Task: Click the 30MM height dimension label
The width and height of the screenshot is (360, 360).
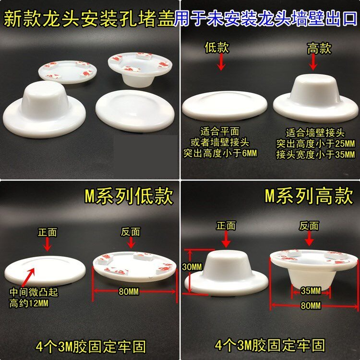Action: (192, 267)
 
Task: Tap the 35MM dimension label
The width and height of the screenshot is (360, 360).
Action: (311, 291)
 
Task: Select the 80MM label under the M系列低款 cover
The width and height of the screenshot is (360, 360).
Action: (129, 291)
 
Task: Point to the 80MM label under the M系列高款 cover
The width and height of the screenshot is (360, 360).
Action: (311, 306)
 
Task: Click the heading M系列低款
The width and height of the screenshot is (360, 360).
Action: (129, 196)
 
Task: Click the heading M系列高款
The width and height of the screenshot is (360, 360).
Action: (309, 195)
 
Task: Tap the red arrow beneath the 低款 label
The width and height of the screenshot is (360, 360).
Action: (221, 62)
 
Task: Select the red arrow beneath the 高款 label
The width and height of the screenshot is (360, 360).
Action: (313, 62)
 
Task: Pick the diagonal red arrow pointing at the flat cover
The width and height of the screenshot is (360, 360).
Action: (29, 277)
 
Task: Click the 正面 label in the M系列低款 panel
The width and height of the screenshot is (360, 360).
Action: (48, 232)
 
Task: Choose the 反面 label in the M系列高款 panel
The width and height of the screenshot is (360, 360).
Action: (309, 226)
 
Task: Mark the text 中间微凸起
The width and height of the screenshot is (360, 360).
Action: (34, 292)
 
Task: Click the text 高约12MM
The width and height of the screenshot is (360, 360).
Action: (29, 303)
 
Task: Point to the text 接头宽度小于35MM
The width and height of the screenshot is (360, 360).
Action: (315, 155)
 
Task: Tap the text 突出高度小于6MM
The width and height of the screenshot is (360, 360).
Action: (220, 153)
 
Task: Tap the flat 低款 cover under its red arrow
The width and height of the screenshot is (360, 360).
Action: (225, 106)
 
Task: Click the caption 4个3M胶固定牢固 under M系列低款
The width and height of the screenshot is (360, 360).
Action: (91, 347)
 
